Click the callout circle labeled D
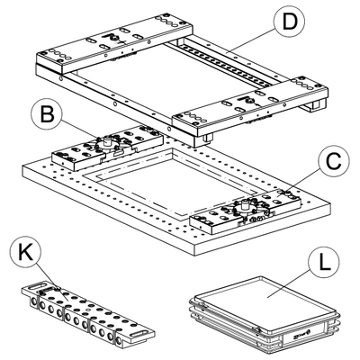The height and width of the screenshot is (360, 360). coord(289,22)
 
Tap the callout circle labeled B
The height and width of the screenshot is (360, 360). coord(47,114)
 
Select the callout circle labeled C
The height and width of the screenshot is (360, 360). coord(334,162)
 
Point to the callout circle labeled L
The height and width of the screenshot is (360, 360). coord(324,262)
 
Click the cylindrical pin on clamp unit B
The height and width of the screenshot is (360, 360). coord(106,140)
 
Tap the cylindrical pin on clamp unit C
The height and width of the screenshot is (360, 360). coord(245,206)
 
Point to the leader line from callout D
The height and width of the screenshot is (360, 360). coord(252,40)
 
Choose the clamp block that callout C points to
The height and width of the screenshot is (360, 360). coord(246,211)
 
